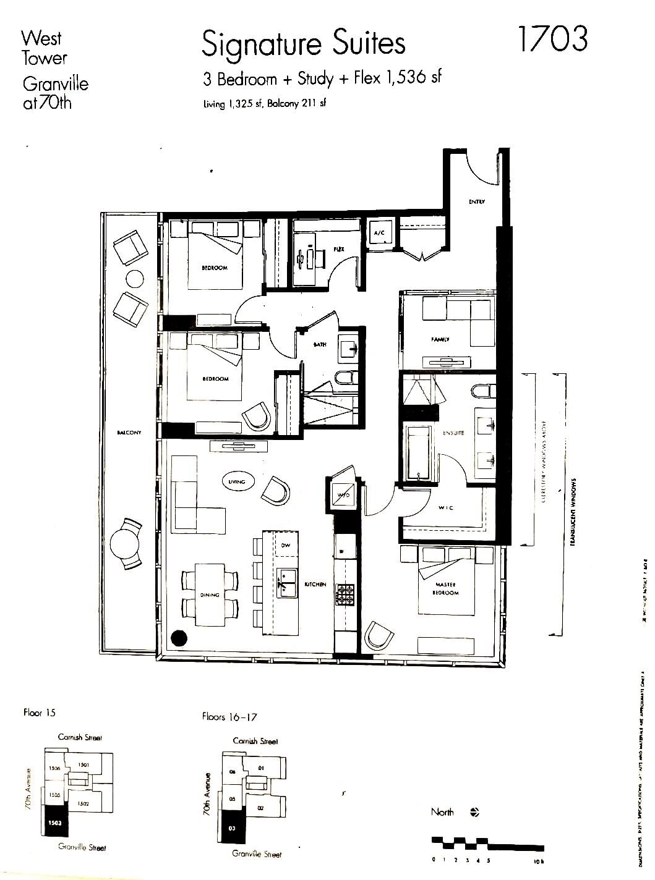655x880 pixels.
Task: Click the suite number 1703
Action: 552,39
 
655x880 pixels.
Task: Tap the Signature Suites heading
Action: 303,44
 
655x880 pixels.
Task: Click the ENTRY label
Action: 476,202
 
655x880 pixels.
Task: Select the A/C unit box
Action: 379,233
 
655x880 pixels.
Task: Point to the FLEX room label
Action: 339,249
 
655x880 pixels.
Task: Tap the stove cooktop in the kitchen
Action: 345,594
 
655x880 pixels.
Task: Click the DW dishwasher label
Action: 285,545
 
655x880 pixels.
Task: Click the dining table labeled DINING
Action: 210,594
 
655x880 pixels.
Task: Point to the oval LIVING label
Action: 237,481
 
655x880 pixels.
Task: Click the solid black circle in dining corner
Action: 179,638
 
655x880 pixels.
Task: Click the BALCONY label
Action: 129,433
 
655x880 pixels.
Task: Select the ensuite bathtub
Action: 420,451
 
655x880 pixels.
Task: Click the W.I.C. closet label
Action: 446,507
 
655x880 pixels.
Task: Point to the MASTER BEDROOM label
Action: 447,588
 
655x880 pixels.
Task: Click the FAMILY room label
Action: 440,339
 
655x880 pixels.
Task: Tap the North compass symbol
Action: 474,813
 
